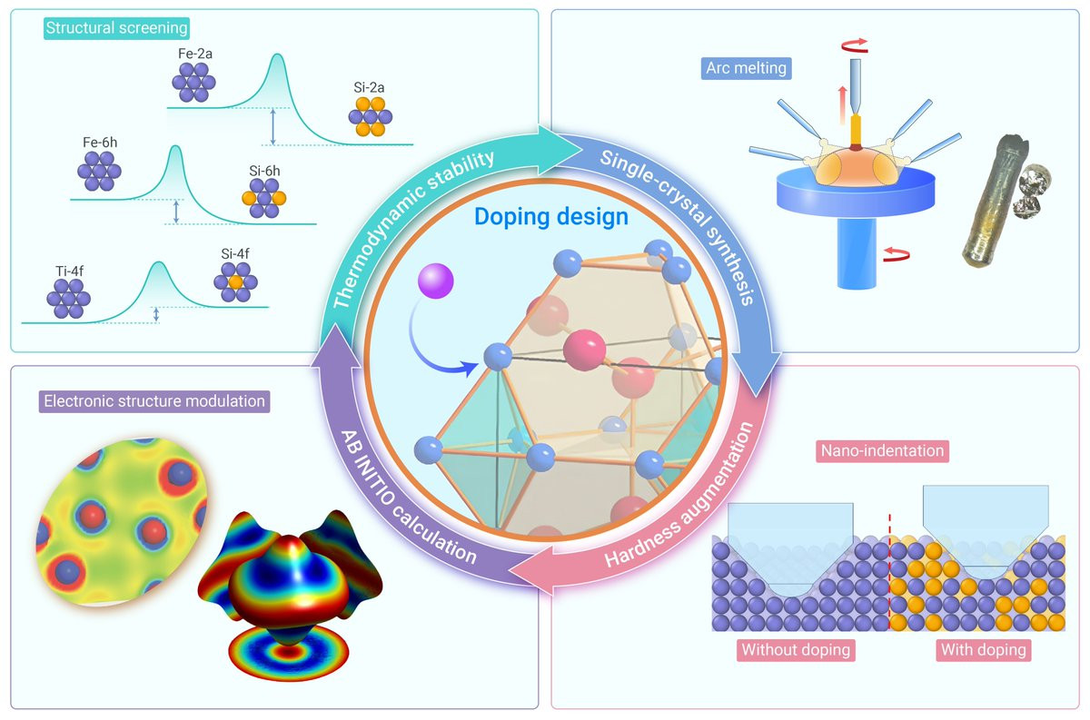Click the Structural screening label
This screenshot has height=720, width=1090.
(x=116, y=28)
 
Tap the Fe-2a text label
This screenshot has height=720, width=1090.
(x=195, y=54)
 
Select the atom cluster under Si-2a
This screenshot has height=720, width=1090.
(x=371, y=117)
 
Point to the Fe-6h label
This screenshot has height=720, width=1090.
(x=100, y=143)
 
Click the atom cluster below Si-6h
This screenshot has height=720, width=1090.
(x=264, y=198)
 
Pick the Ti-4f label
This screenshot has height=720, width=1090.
(x=70, y=271)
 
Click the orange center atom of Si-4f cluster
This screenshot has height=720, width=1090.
(x=236, y=282)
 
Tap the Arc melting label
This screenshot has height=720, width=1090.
(x=746, y=68)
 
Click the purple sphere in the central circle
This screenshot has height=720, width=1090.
(x=435, y=281)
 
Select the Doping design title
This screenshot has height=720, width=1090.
(x=551, y=216)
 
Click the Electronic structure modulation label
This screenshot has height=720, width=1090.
(x=154, y=401)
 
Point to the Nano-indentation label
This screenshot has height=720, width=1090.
(x=882, y=451)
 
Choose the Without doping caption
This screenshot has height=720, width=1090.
(x=796, y=650)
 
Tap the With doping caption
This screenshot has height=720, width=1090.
(x=984, y=650)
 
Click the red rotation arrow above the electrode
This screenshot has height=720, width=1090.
(x=855, y=45)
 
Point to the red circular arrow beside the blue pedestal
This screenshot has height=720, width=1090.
(x=897, y=254)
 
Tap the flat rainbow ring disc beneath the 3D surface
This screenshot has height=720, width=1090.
(x=289, y=654)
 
